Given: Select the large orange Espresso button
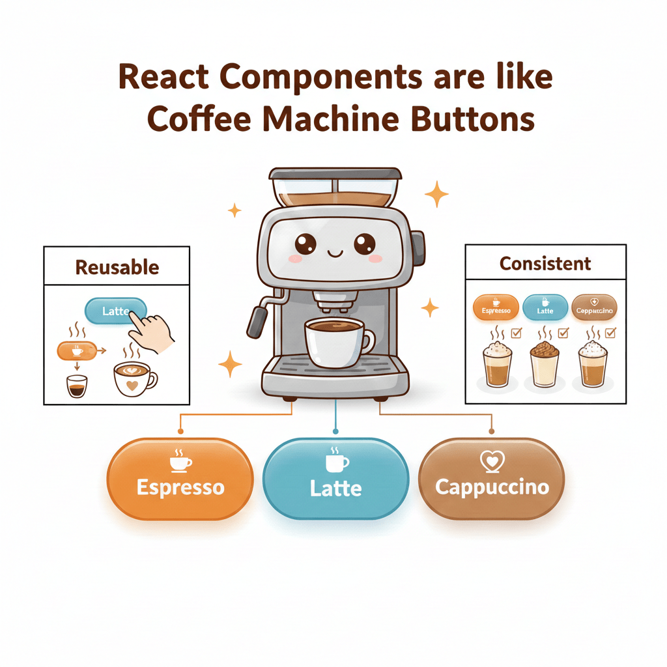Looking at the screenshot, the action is click(x=180, y=479).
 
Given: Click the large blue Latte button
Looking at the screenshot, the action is click(x=335, y=479).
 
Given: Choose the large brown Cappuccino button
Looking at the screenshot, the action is click(x=491, y=479).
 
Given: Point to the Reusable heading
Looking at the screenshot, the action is click(x=117, y=267).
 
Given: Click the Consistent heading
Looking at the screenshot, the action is click(x=545, y=264).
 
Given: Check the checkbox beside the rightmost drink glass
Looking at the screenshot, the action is click(x=610, y=333).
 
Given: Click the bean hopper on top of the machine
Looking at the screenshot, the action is click(x=335, y=188).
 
